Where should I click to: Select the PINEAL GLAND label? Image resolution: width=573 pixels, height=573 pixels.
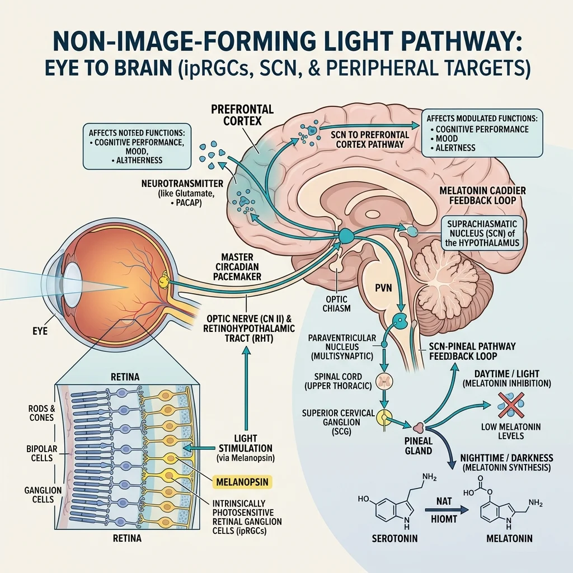(x=419, y=446)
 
